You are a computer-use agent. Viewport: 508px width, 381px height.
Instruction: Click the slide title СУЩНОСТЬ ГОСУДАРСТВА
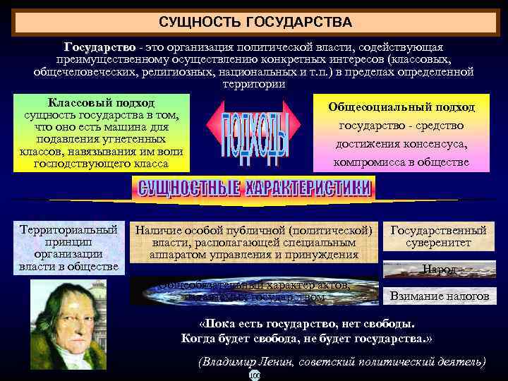point(255,22)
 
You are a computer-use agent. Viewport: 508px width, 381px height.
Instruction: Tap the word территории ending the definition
point(253,84)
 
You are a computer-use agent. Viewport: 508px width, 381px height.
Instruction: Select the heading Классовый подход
point(102,103)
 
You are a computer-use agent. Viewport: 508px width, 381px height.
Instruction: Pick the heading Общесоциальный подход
point(401,107)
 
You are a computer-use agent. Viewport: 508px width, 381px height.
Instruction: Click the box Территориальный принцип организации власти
point(69,248)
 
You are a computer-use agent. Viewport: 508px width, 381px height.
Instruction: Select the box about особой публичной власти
point(254,243)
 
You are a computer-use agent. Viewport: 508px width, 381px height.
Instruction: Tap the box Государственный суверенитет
point(438,236)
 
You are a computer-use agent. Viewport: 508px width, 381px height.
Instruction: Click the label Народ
point(438,270)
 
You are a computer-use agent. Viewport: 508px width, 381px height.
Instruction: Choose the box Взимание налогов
point(439,296)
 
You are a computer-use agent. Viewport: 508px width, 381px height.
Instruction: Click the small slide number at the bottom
point(255,376)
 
